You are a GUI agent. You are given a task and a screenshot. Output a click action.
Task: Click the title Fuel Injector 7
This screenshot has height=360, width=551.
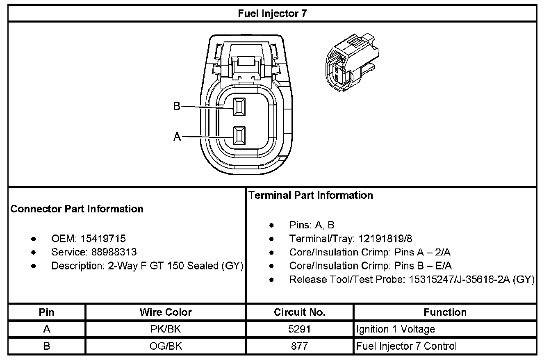pyautogui.click(x=272, y=14)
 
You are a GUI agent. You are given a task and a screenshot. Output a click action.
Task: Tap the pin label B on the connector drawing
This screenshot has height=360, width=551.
pyautogui.click(x=177, y=106)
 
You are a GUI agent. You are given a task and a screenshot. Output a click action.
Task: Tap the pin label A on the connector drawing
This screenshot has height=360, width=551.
pyautogui.click(x=177, y=137)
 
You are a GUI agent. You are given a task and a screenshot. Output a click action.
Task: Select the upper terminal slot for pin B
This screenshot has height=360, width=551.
pyautogui.click(x=239, y=107)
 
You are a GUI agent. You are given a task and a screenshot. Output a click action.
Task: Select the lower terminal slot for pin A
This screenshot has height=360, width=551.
pyautogui.click(x=239, y=135)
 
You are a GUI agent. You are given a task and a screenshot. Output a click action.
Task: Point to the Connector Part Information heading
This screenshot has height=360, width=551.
pyautogui.click(x=77, y=209)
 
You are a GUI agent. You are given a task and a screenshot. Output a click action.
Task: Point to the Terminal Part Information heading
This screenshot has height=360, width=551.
pyautogui.click(x=311, y=195)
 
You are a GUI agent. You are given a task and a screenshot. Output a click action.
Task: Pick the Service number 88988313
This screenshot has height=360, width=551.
pyautogui.click(x=108, y=252)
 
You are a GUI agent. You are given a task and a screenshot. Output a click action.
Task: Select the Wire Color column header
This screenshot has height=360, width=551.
pyautogui.click(x=166, y=312)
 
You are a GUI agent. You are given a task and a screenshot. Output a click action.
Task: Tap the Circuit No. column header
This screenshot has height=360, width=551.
pyautogui.click(x=300, y=312)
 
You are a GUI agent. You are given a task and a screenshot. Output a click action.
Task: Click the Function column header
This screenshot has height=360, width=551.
pyautogui.click(x=445, y=312)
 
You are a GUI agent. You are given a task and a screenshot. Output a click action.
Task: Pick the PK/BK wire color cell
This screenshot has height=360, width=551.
pyautogui.click(x=166, y=329)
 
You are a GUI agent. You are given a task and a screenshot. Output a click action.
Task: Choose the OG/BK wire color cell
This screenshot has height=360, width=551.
pyautogui.click(x=166, y=346)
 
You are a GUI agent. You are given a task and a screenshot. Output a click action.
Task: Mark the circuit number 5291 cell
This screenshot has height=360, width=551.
pyautogui.click(x=300, y=329)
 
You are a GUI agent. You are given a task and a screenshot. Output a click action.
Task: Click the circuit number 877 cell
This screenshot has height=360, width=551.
pyautogui.click(x=300, y=346)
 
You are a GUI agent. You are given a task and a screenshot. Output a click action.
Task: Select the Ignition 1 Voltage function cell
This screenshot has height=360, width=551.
pyautogui.click(x=396, y=329)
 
